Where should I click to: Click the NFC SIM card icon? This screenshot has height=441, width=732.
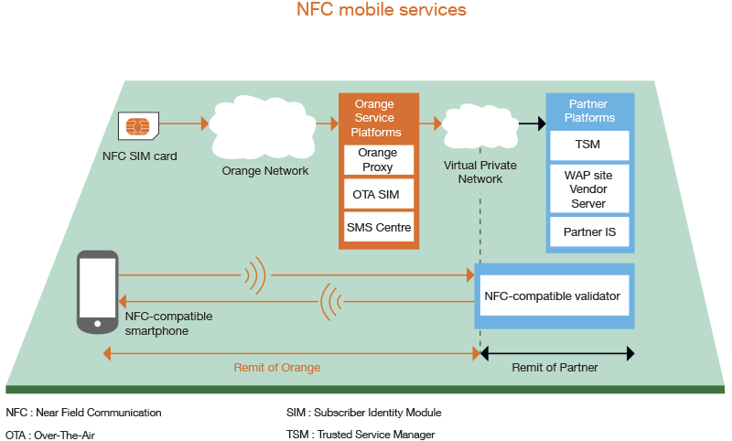coord(139,126)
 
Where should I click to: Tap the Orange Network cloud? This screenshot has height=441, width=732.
coord(263,127)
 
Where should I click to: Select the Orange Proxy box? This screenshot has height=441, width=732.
coord(379,160)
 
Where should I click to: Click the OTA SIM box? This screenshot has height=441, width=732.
coord(379,194)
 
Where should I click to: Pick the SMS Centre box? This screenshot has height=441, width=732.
coord(379,227)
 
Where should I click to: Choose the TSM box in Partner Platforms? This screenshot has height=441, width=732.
coord(589,145)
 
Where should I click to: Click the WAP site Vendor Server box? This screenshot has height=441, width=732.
coord(589,189)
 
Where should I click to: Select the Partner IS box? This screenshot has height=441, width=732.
coord(589,231)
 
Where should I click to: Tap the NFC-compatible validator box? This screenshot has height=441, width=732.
coord(554,296)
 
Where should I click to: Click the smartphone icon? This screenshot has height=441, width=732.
coord(98,292)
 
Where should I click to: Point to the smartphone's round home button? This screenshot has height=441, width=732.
coord(98,324)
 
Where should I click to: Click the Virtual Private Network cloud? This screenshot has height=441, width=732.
coord(479,126)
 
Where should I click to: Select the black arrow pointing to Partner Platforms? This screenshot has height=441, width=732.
coord(533,124)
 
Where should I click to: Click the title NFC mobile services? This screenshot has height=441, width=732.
coord(382,10)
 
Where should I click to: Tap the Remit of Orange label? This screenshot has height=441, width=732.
coord(277,368)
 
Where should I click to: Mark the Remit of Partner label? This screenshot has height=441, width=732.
coord(554,368)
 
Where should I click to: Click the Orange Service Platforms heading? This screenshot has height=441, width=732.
coord(376,118)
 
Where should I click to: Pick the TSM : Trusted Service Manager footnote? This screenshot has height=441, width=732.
coord(361,435)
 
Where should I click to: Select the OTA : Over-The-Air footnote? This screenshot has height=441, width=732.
coord(50,435)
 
